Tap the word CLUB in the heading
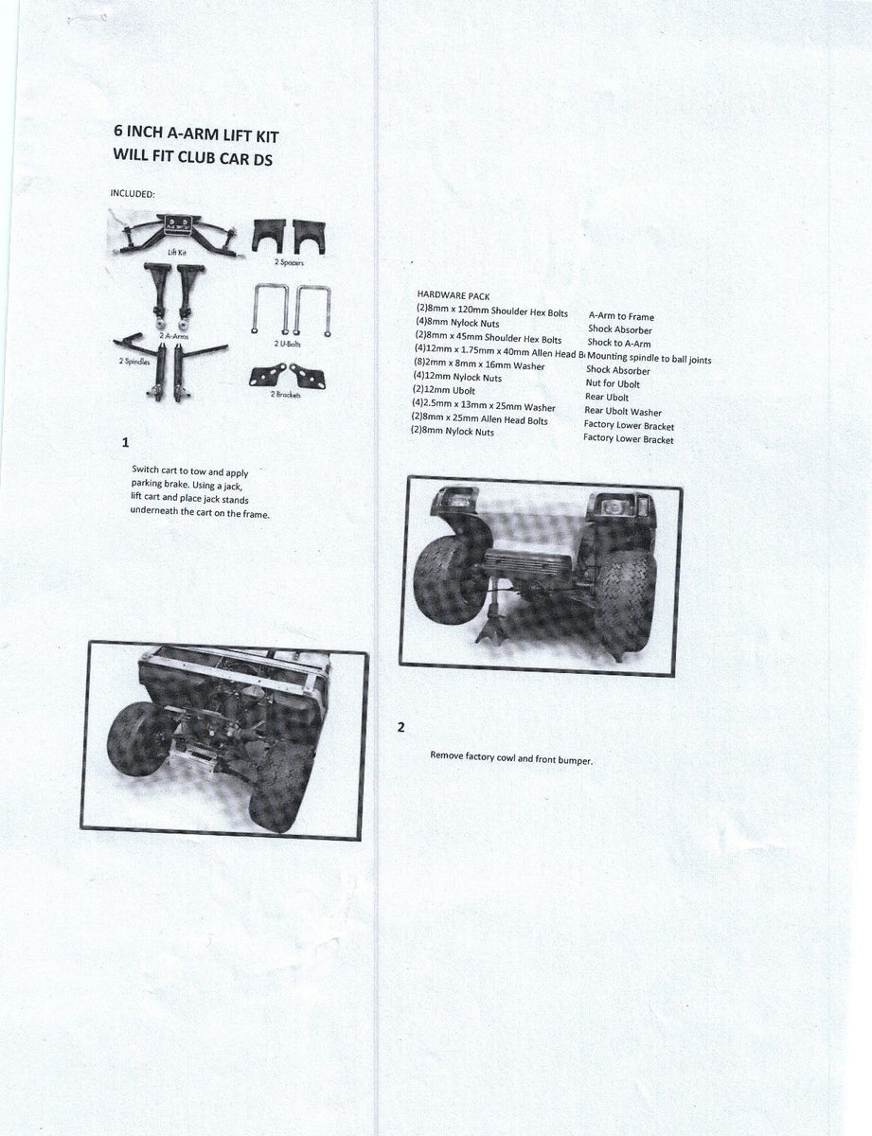pos(196,158)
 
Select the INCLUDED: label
pos(133,194)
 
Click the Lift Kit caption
pos(175,252)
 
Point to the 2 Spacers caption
pos(289,258)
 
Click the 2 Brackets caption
pos(287,394)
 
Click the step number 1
pos(126,442)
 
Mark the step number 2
pos(401,727)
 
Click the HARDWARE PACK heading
pos(454,294)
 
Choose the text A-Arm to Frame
pos(621,316)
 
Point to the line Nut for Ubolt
pos(613,383)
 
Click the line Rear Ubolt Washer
pos(623,411)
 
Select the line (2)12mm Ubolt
pos(443,390)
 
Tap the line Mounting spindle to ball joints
pos(649,359)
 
